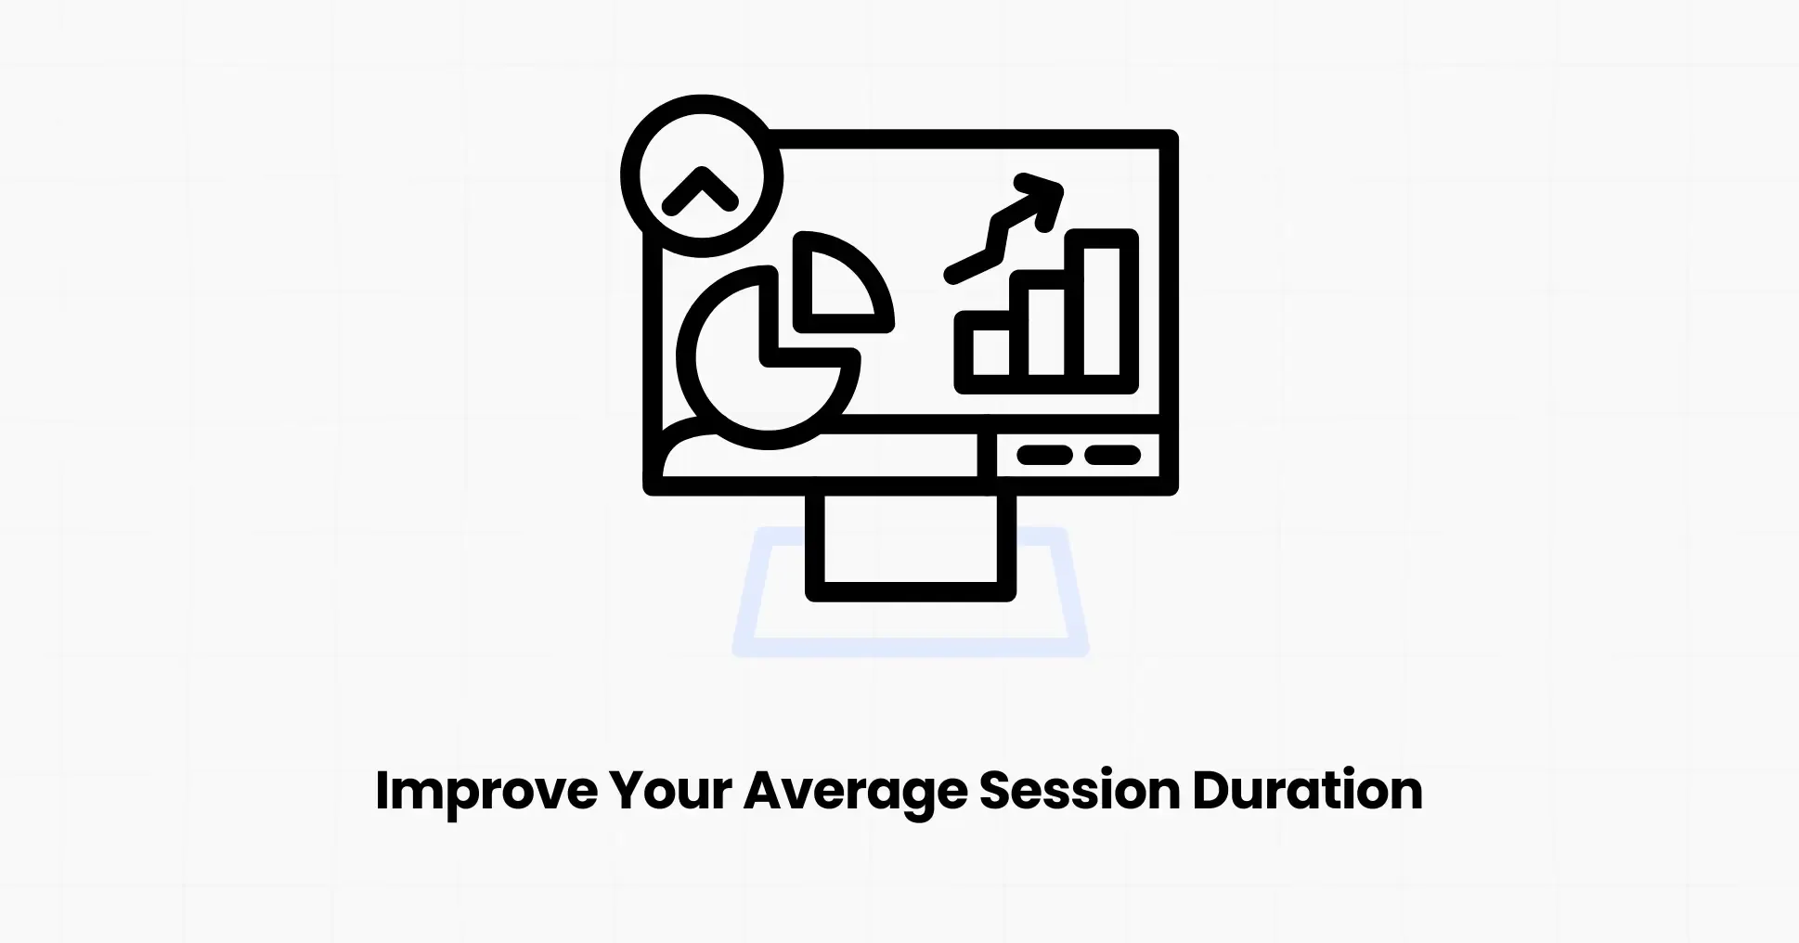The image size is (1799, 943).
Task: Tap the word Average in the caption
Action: [854, 792]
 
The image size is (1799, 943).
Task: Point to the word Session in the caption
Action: [1079, 792]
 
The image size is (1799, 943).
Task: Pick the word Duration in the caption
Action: [1307, 792]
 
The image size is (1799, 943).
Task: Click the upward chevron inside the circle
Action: [701, 190]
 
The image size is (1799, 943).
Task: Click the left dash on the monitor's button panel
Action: [1044, 455]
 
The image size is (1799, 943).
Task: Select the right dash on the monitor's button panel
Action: [1113, 455]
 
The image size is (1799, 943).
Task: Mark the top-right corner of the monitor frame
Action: [1170, 138]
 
